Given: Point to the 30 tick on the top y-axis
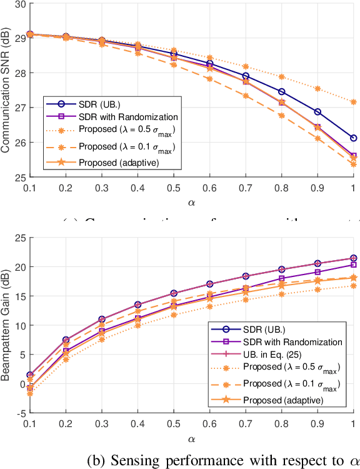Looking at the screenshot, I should tap(19, 4).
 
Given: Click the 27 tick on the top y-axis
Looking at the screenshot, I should tap(19, 108).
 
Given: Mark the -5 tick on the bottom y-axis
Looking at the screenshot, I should tap(20, 413).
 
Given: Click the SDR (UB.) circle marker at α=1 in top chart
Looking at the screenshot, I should tap(353, 138).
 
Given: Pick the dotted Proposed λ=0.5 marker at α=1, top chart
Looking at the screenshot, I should tap(353, 102).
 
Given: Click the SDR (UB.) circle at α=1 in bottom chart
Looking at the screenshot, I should tap(353, 258).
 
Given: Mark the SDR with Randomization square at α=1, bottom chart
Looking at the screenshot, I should tap(353, 265).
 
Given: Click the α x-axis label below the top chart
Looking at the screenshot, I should tap(191, 203).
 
